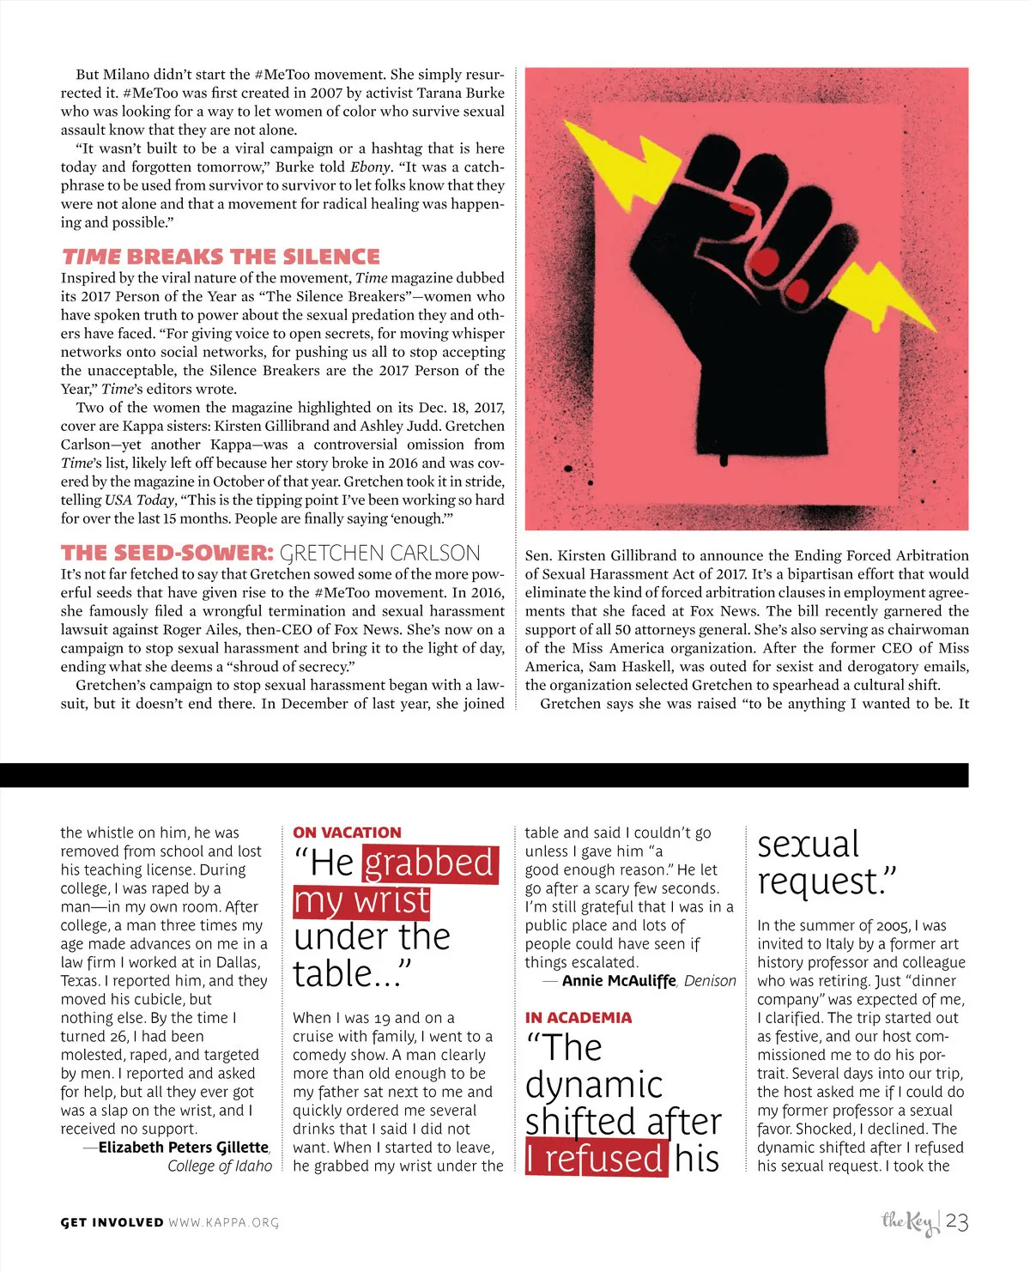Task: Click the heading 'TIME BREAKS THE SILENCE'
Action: pos(221,257)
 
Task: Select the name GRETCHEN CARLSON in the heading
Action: pos(380,553)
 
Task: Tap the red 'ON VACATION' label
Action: pos(347,833)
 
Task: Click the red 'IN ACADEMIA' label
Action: pos(579,1018)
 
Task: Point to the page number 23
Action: pos(957,1221)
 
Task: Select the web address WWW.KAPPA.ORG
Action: pos(223,1222)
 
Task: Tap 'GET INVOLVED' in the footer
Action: pos(112,1222)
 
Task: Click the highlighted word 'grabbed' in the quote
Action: pos(429,863)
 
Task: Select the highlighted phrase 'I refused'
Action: pos(596,1159)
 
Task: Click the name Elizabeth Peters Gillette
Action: pos(183,1148)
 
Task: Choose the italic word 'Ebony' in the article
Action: pos(370,167)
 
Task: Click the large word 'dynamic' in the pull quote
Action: pos(594,1085)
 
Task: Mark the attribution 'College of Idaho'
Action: pos(220,1166)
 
